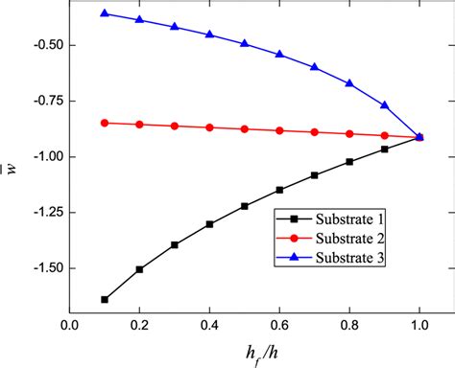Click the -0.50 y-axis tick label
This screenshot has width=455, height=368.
[44, 45]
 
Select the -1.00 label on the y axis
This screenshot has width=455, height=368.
[44, 156]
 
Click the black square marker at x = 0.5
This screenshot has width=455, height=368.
[245, 206]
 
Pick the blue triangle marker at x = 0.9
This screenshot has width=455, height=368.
[385, 104]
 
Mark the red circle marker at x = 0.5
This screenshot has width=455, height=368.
[245, 128]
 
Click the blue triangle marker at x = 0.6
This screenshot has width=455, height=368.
[279, 55]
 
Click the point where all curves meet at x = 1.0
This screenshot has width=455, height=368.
[419, 137]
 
